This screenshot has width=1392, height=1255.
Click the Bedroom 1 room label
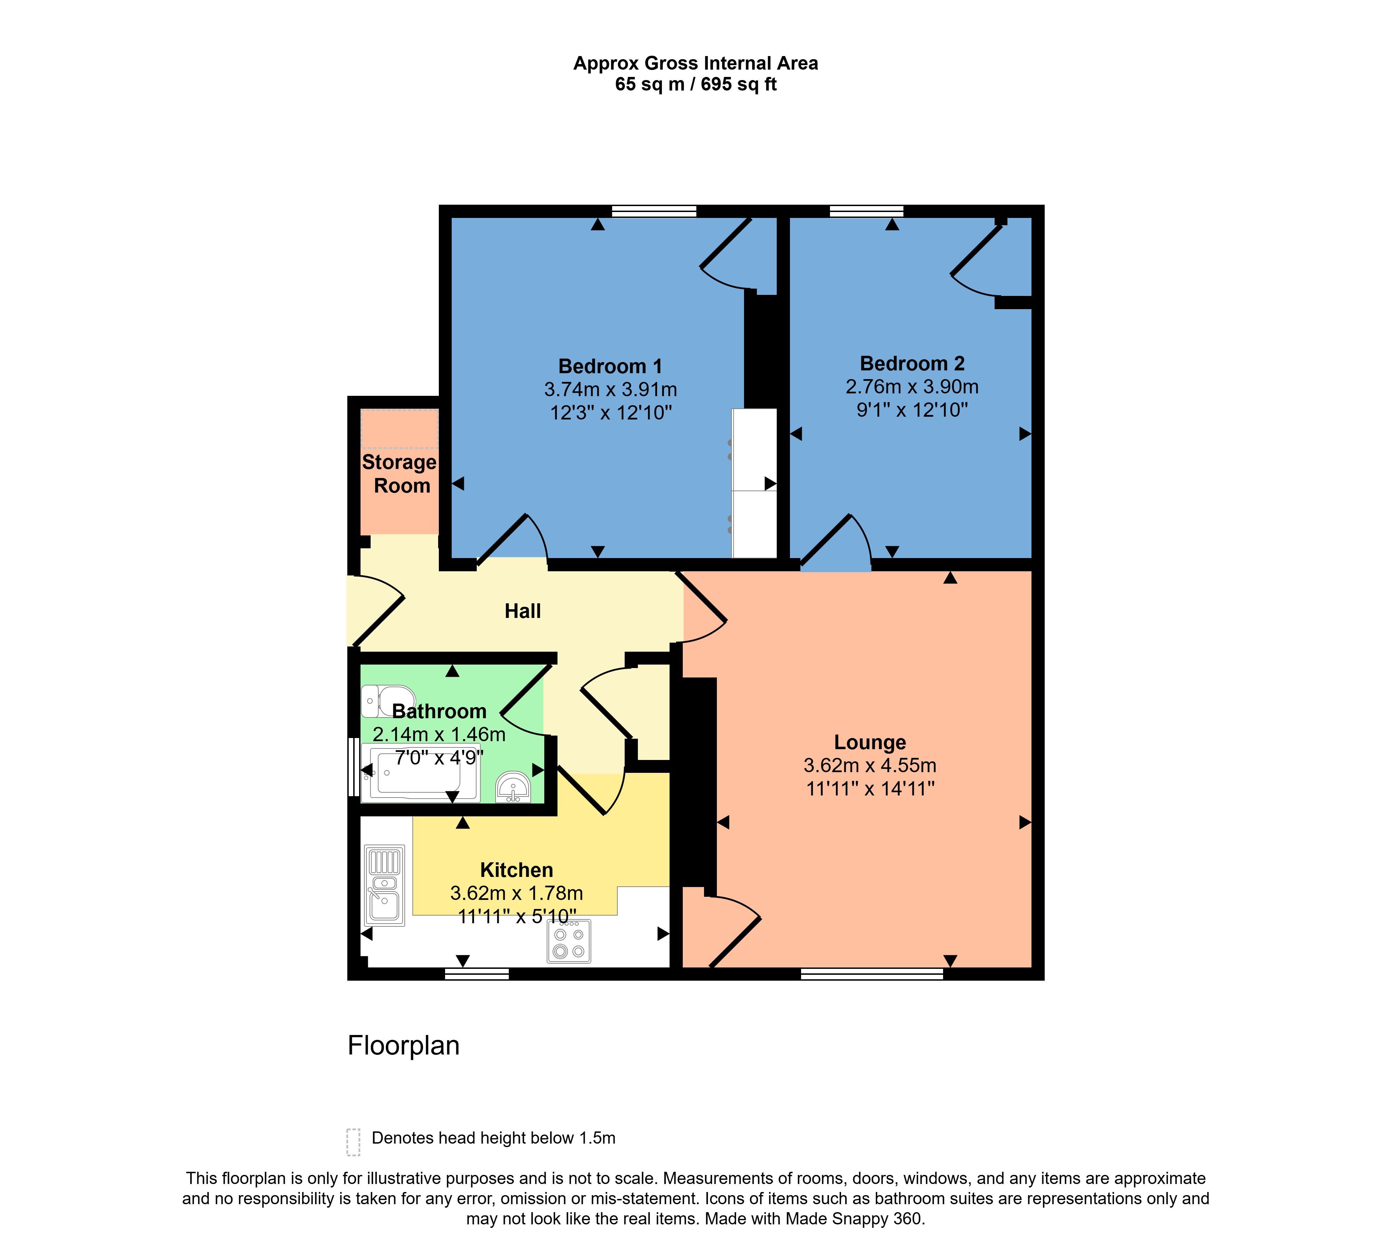coord(609,366)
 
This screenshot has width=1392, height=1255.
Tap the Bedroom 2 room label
coord(911,363)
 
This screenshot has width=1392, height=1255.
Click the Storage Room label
coord(400,474)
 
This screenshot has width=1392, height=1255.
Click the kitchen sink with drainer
coord(384,885)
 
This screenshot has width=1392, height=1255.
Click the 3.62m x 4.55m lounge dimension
coord(869,766)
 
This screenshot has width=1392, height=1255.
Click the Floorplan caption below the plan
coord(403,1045)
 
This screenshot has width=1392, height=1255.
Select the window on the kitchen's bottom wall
coord(476,974)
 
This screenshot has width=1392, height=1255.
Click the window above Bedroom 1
coord(654,211)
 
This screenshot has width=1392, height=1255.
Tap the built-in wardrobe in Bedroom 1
coord(754,483)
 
